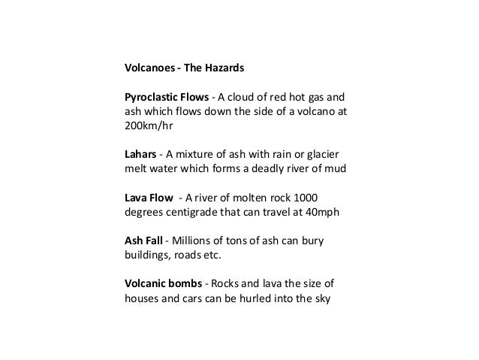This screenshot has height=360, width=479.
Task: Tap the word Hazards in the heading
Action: click(224, 68)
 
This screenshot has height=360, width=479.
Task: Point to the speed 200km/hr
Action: click(147, 126)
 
